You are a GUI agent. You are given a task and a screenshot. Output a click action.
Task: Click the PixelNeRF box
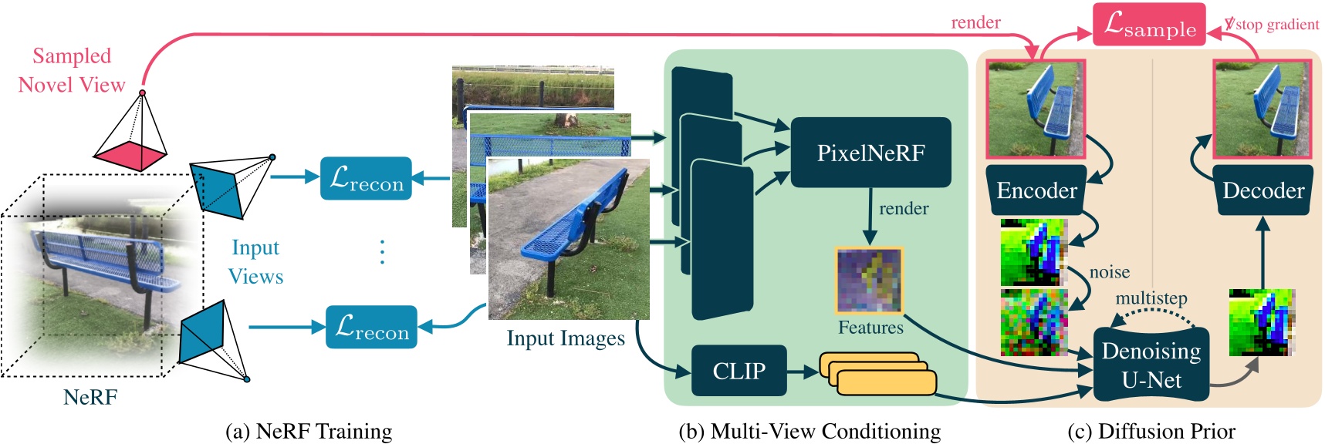(870, 153)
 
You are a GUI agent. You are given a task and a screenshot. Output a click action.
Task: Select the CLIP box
(739, 371)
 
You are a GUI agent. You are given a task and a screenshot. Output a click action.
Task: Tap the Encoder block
(1036, 190)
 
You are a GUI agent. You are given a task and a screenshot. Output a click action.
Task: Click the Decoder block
(1262, 190)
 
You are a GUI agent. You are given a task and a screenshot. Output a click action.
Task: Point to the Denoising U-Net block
(1151, 365)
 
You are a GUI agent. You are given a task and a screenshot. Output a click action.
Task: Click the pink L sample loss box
(1148, 25)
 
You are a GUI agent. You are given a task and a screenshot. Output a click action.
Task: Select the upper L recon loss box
(366, 179)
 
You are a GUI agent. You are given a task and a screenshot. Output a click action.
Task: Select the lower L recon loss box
(371, 327)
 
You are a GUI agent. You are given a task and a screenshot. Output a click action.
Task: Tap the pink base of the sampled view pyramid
(130, 156)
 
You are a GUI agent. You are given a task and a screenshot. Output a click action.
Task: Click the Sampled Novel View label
(71, 70)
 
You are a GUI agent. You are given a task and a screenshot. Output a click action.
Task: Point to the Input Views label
(255, 262)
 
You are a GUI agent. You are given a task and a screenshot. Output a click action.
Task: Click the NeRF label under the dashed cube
(90, 397)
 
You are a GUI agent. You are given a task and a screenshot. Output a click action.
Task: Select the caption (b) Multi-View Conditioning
(809, 431)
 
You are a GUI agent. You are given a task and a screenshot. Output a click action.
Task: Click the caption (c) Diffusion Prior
(1151, 431)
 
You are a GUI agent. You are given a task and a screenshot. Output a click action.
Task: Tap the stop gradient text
(1276, 25)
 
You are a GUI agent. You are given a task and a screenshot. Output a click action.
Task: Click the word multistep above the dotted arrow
(1151, 298)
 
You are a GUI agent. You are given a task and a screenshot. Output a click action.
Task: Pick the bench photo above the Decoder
(1262, 109)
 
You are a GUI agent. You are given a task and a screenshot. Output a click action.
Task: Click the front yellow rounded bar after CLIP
(886, 383)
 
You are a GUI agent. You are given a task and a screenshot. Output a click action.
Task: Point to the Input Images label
(565, 338)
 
